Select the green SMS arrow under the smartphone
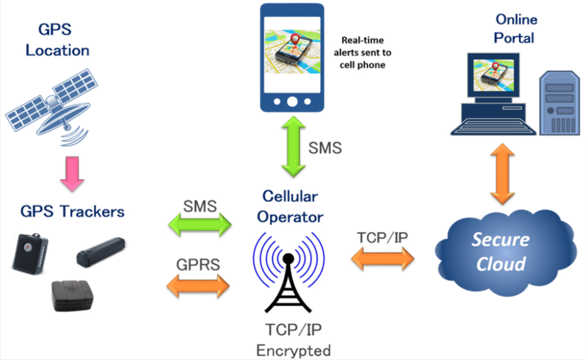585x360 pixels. pos(293,146)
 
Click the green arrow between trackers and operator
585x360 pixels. pos(200,225)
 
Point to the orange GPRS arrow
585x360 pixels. pos(198,286)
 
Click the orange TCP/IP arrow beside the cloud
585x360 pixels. pos(383,258)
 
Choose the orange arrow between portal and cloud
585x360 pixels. pos(502,174)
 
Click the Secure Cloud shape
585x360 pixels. pos(504,253)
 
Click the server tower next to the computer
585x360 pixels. pos(559,103)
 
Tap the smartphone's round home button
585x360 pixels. pos(292,102)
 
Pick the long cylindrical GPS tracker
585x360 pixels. pos(101,252)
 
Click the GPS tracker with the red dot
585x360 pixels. pos(30,254)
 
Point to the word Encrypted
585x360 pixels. pos(293,351)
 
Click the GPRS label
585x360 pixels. pos(198,264)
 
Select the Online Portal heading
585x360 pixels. pos(515,28)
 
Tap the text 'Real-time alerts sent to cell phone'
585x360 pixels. pos(362,53)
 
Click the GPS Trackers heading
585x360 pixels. pos(73,211)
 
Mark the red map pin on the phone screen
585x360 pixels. pos(295,39)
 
